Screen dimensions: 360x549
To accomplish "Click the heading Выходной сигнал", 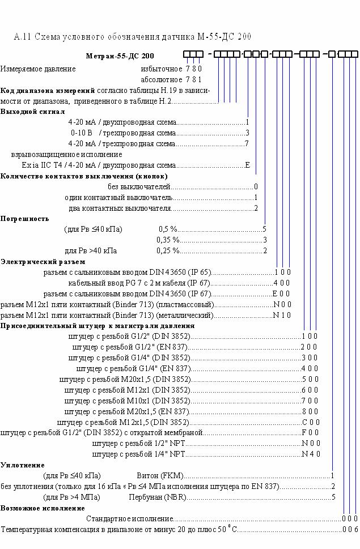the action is pos(32,112).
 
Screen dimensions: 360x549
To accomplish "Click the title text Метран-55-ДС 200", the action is pos(120,56).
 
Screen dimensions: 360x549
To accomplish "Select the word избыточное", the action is pos(162,69).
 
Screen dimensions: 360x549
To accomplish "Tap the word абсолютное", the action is pos(162,79).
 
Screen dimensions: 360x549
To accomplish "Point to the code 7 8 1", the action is pos(194,79).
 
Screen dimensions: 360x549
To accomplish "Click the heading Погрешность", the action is pos(24,219).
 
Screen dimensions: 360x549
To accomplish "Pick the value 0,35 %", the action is pos(168,240).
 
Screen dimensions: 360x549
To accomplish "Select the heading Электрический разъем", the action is pos(43,262).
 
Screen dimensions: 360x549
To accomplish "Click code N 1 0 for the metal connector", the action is pos(282,315).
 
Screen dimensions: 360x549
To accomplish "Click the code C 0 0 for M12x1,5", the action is pos(311,422).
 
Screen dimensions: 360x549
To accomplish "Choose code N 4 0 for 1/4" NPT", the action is pos(311,454).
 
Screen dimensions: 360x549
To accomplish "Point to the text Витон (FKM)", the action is pos(160,475).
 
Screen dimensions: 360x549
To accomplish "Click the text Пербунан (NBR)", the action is pos(158,497).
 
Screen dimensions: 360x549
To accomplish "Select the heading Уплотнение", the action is pos(23,465).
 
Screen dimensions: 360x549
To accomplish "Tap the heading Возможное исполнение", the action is pos(43,508).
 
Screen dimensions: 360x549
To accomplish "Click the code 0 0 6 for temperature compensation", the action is pos(350,529).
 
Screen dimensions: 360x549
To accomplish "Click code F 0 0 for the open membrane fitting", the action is pos(310,433).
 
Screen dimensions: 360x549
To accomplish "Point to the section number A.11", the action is pos(23,36).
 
